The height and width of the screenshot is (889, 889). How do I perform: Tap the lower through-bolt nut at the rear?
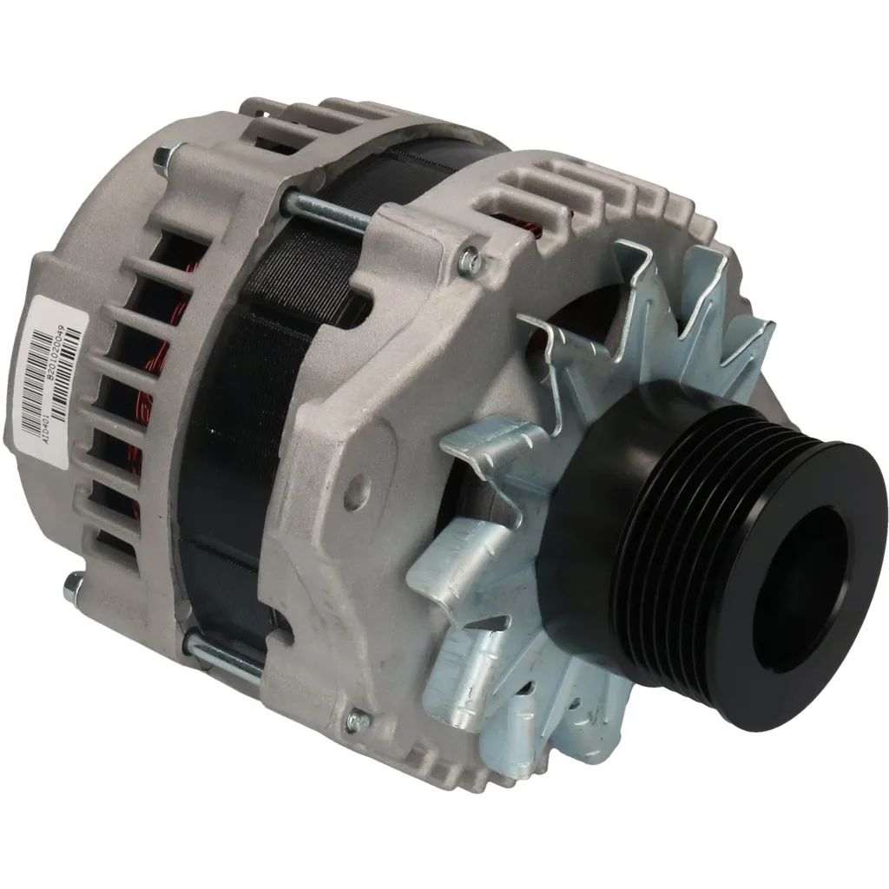click(x=74, y=589)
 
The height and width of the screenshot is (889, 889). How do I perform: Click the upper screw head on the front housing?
click(x=470, y=257)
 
